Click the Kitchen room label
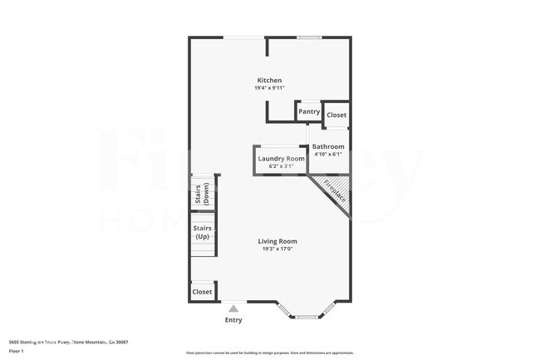click(269, 80)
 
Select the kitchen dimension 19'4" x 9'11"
click(269, 88)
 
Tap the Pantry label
click(308, 111)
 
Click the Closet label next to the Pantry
click(336, 115)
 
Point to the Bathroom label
click(327, 146)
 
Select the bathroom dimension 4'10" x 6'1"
click(327, 154)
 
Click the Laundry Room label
click(281, 158)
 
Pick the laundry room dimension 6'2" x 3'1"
click(281, 166)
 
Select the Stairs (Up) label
click(202, 232)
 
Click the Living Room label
click(277, 241)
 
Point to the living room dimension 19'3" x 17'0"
click(277, 249)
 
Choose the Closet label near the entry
click(202, 292)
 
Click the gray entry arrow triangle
click(233, 308)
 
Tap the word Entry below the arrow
click(233, 320)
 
